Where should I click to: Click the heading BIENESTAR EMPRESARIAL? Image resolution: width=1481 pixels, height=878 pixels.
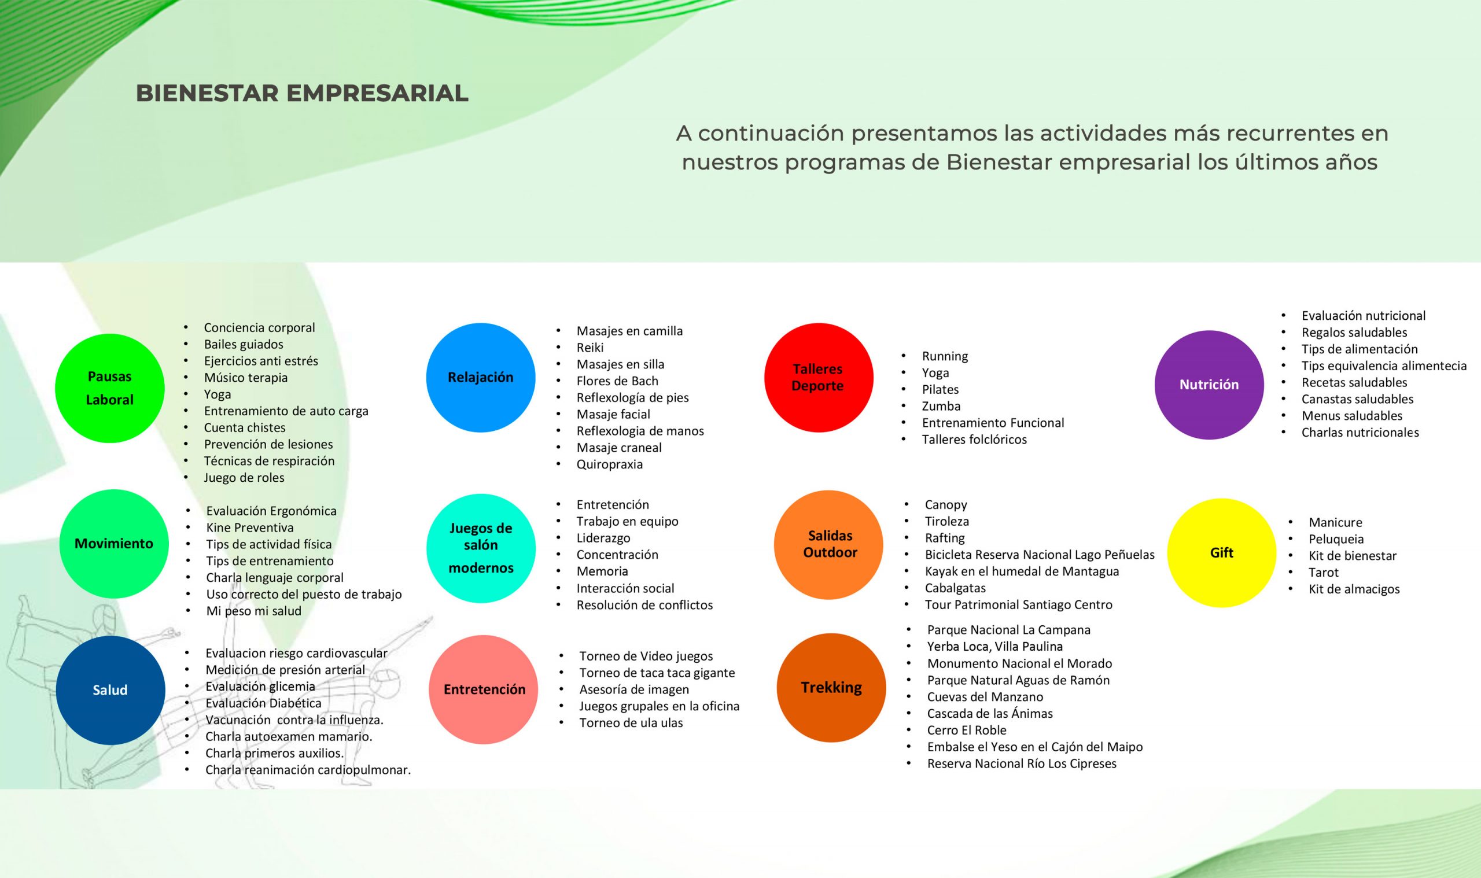point(303,94)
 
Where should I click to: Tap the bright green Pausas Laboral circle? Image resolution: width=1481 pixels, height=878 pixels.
point(109,388)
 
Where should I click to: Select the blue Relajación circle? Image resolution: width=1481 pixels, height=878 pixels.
point(480,378)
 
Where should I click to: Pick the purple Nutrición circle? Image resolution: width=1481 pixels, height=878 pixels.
point(1209,385)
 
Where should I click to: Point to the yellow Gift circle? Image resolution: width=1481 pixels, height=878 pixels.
point(1221,552)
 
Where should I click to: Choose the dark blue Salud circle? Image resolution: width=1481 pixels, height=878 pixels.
point(110,690)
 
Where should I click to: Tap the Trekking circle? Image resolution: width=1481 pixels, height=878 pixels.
point(831,688)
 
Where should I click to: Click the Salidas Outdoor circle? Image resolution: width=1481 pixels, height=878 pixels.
point(828,545)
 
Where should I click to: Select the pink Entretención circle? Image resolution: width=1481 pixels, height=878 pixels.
point(484,689)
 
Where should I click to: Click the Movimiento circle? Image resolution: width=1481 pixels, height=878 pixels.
point(113,544)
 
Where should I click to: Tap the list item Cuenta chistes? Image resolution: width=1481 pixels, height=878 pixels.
point(244,428)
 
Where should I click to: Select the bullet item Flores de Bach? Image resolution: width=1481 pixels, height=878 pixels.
point(617,381)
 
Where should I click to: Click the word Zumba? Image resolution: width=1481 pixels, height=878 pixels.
point(941,407)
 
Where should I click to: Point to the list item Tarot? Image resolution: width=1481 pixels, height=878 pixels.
point(1323,573)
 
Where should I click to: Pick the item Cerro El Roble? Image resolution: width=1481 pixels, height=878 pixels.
point(966,730)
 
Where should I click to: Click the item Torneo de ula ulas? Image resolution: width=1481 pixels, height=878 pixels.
point(631,723)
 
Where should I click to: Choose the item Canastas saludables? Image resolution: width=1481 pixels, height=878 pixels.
point(1357,399)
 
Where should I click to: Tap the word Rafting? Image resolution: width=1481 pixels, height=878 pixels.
point(944,538)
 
